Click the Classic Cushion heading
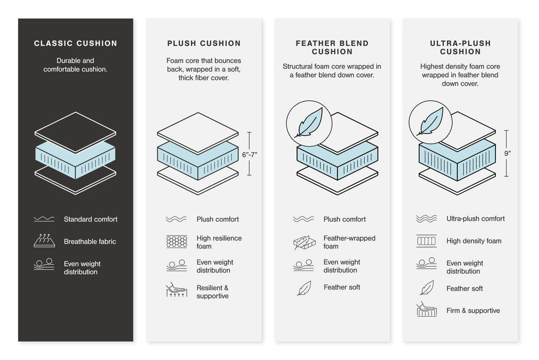(76, 44)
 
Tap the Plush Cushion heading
(204, 44)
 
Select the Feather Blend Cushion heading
(332, 47)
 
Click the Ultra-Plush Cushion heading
(460, 47)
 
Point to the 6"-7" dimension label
(249, 154)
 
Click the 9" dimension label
(507, 153)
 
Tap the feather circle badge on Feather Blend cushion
(309, 123)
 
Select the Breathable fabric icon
(44, 241)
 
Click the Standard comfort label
(90, 220)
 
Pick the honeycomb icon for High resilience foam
(176, 242)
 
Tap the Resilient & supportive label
(212, 292)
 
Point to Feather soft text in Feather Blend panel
(342, 287)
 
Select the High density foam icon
(426, 241)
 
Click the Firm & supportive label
(473, 311)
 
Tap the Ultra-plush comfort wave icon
(426, 219)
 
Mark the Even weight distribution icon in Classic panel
(44, 264)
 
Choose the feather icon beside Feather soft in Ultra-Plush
(426, 288)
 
